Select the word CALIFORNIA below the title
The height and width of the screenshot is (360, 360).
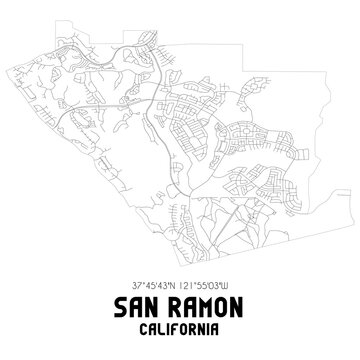[180, 327]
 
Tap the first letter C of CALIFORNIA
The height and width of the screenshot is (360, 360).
[138, 327]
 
